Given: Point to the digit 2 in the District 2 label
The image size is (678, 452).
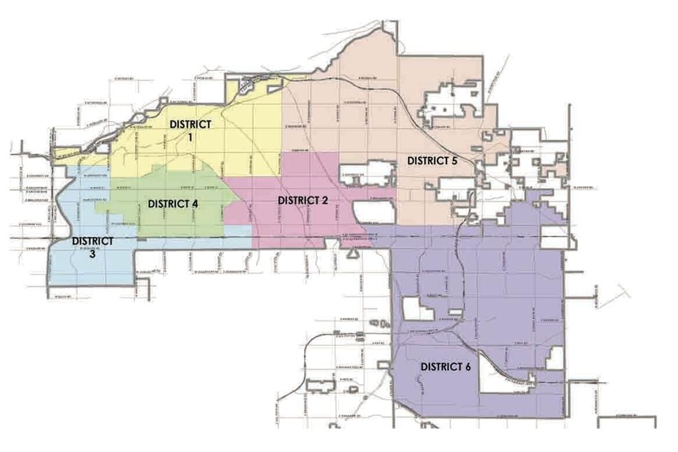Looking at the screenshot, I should click(325, 200).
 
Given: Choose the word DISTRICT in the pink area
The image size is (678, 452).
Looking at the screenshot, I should click(298, 200).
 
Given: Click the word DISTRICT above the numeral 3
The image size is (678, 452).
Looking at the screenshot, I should click(92, 240).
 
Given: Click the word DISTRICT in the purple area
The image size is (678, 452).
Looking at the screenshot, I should click(441, 366).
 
